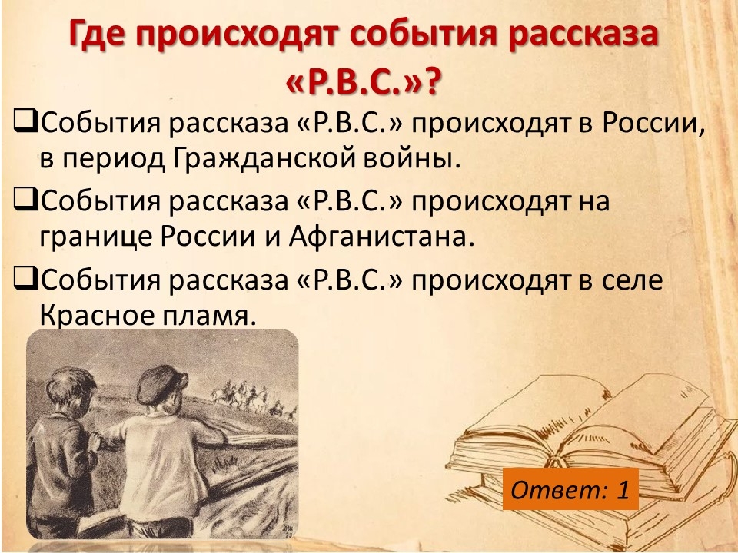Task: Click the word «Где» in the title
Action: [98, 33]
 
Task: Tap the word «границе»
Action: [96, 237]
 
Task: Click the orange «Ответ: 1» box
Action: [570, 489]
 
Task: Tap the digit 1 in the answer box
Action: [623, 489]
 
